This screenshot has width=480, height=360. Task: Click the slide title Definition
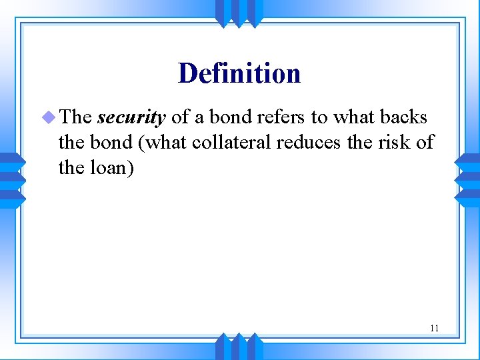pyautogui.click(x=239, y=73)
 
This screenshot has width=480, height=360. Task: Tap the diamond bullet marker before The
pyautogui.click(x=49, y=117)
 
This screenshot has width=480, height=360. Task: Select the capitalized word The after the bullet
pyautogui.click(x=75, y=117)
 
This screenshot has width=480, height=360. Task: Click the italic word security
pyautogui.click(x=131, y=118)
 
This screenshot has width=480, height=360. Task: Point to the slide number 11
pyautogui.click(x=434, y=328)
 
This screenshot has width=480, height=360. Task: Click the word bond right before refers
pyautogui.click(x=229, y=117)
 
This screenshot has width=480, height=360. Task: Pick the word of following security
pyautogui.click(x=180, y=117)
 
